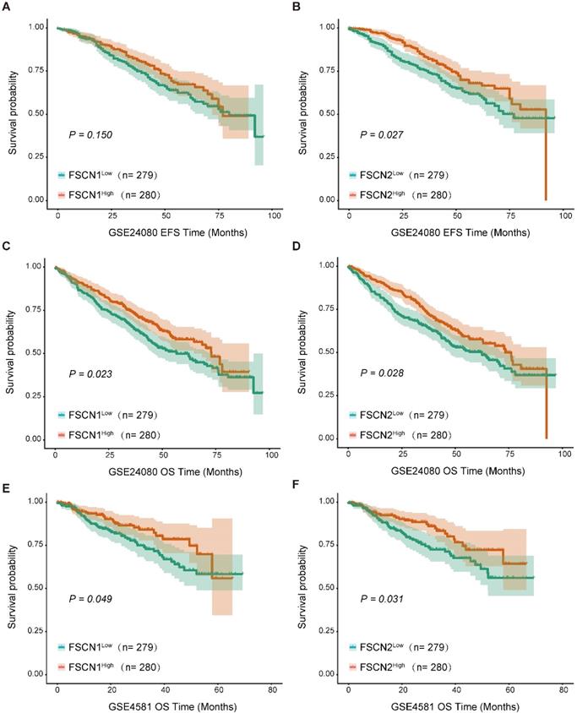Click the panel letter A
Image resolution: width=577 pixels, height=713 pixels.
click(x=7, y=7)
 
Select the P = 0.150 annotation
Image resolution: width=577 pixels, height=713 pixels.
click(x=90, y=134)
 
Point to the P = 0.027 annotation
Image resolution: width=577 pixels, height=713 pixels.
click(x=383, y=134)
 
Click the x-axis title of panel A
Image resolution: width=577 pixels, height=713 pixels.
click(x=165, y=231)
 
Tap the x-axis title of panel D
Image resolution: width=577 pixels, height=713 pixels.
click(x=456, y=471)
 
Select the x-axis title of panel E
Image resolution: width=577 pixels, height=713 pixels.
click(x=165, y=705)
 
